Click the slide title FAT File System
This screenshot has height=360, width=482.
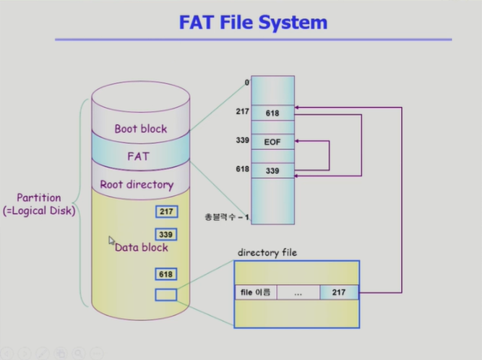coord(253,22)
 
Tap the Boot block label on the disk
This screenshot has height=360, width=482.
coord(140,129)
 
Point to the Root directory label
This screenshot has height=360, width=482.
coord(137,184)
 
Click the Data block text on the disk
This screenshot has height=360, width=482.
coord(142,247)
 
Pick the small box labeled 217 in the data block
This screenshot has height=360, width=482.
coord(165,212)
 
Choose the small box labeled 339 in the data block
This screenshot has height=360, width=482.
coord(165,235)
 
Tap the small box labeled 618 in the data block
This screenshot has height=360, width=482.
coord(165,274)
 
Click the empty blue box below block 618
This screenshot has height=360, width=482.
coord(165,295)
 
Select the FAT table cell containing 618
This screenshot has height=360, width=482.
coord(272,113)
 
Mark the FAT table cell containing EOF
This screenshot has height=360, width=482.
coord(272,142)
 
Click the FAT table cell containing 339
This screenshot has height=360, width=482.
coord(272,171)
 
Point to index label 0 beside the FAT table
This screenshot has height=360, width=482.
coord(246,82)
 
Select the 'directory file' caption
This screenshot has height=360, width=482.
coord(267,252)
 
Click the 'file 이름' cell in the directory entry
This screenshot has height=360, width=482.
coord(254,293)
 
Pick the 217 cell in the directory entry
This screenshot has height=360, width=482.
coord(339,293)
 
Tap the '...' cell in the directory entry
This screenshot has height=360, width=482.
coord(297,293)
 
